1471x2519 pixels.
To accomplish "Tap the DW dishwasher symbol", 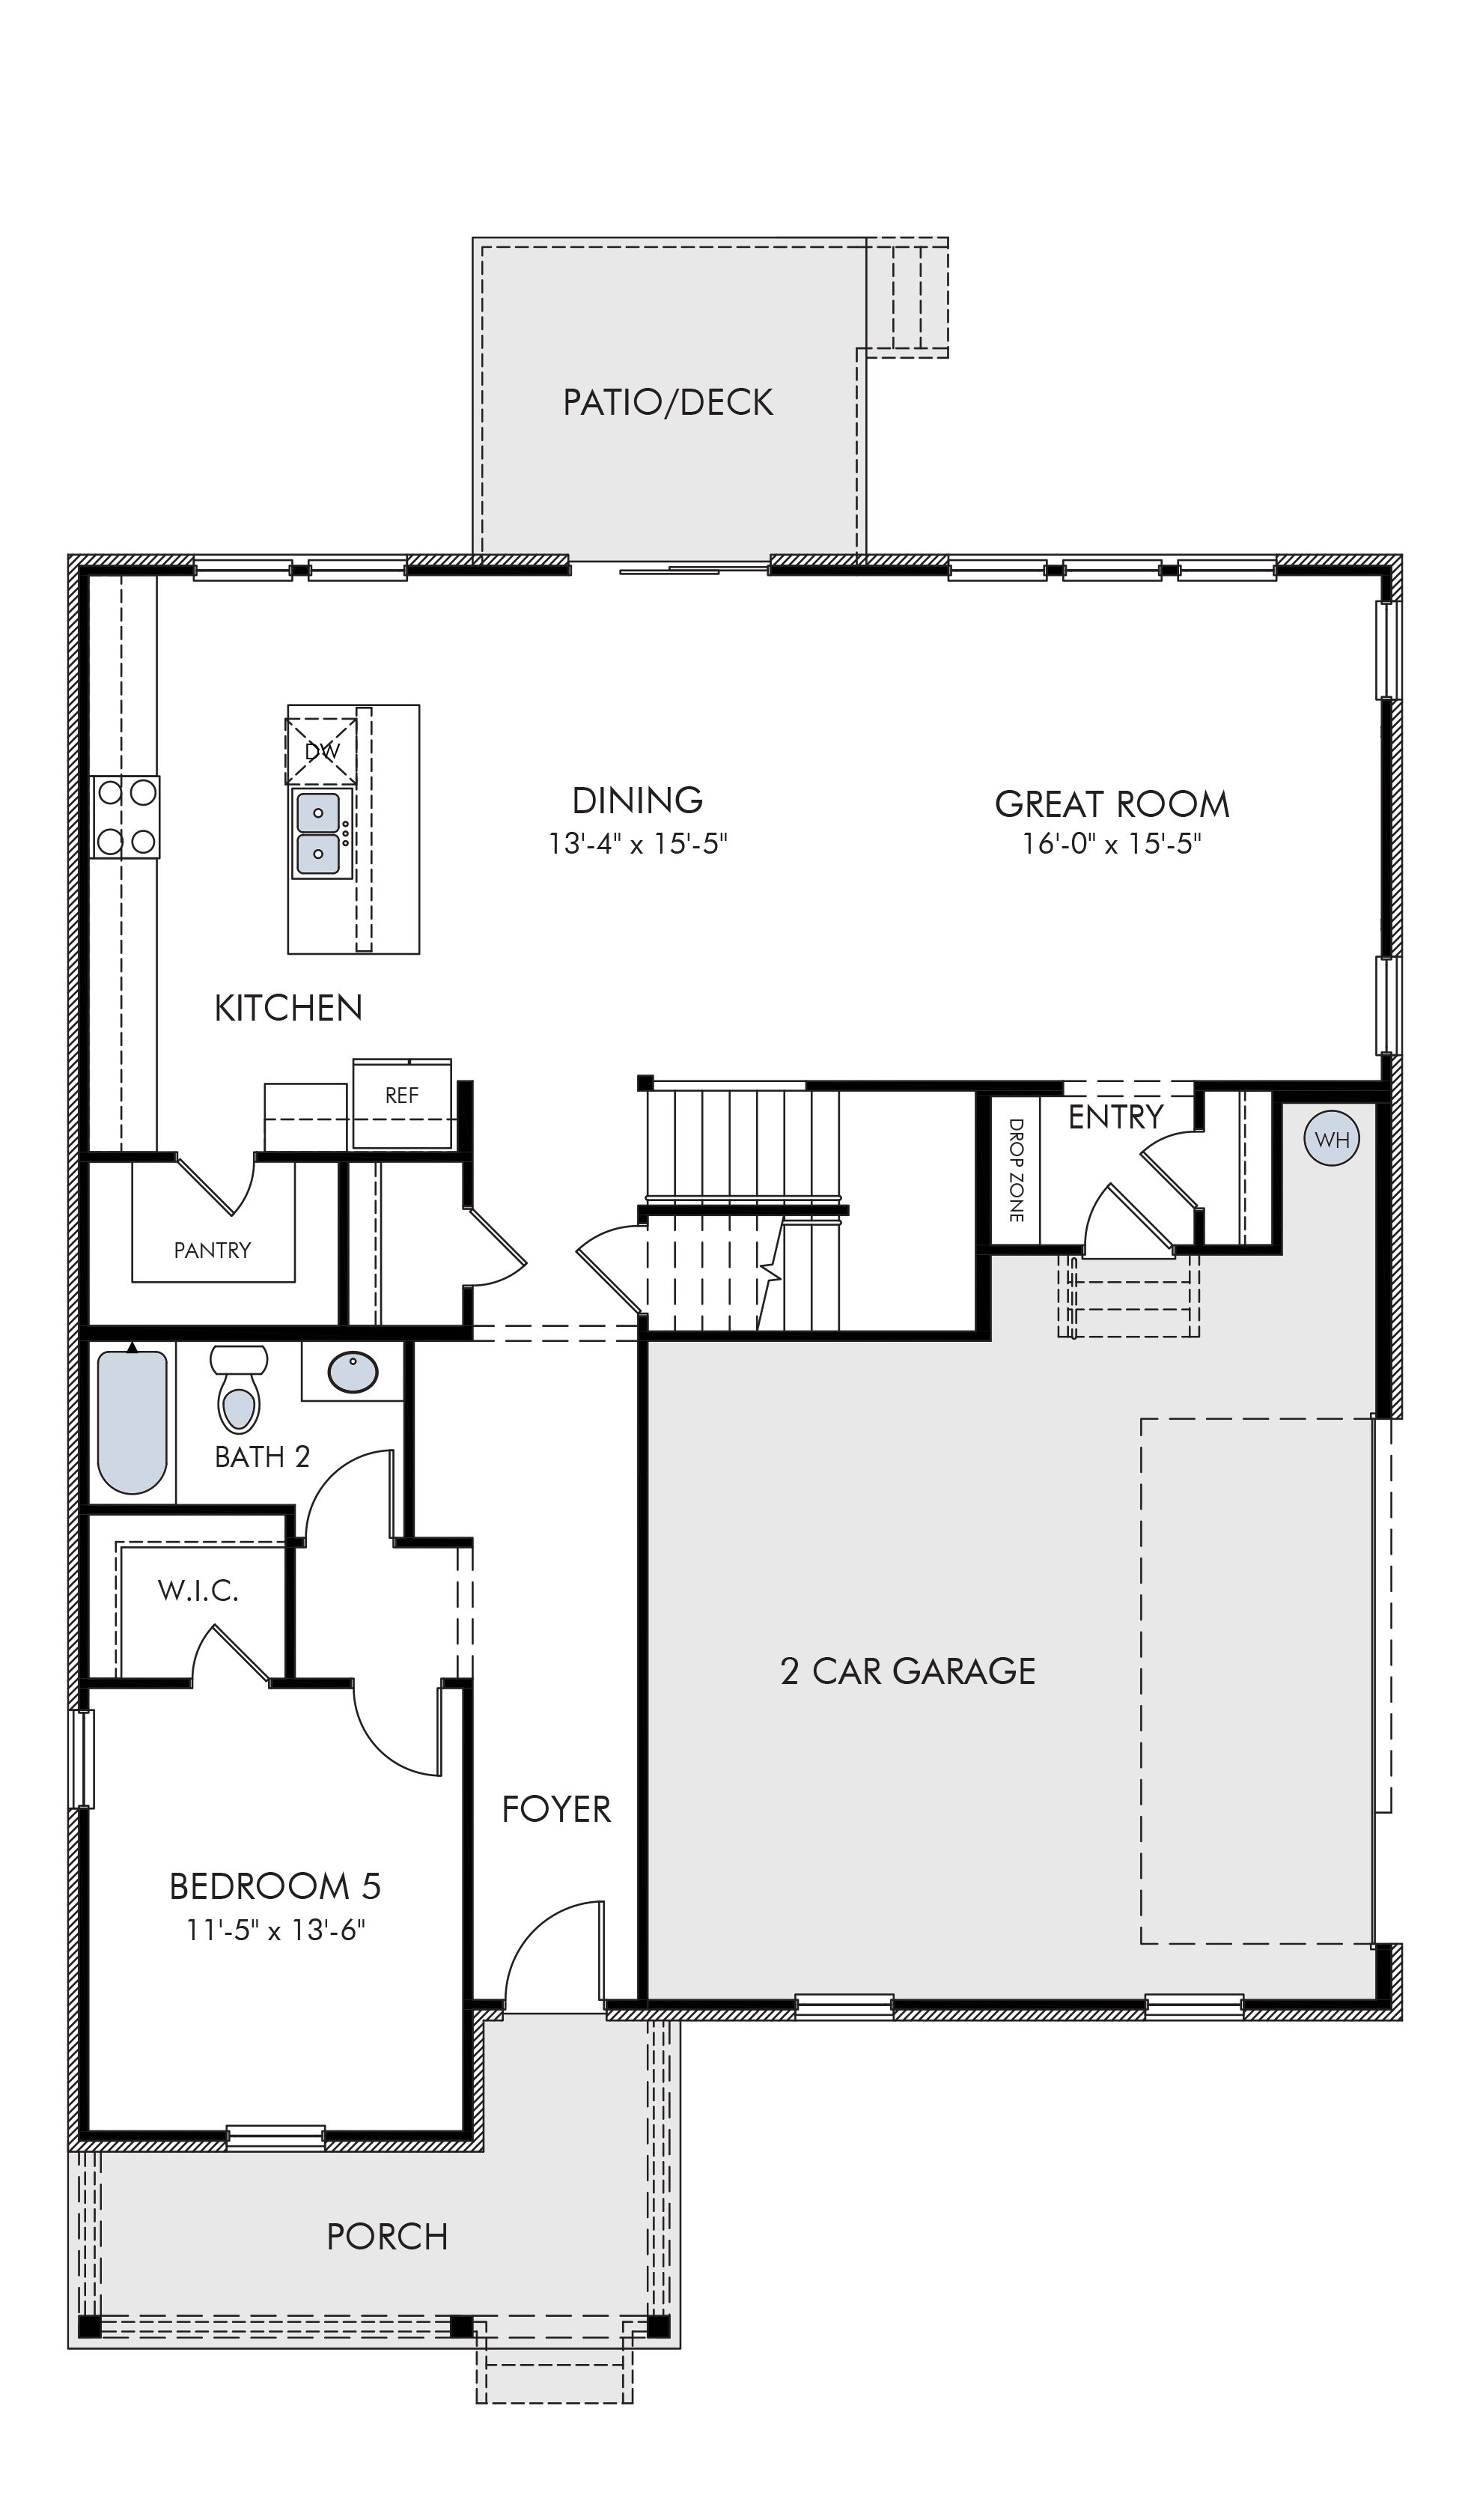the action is point(321,751).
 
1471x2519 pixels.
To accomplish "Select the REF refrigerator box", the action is point(402,1104).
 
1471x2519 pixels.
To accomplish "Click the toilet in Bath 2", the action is point(239,1388).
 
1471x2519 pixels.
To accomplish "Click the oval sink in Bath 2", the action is point(353,1373).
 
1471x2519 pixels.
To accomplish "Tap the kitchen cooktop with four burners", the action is point(126,818).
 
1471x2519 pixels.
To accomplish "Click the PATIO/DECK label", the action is point(668,402).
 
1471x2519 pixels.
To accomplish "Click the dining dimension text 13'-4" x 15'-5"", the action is point(638,844).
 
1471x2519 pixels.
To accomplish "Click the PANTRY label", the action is point(212,1250).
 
